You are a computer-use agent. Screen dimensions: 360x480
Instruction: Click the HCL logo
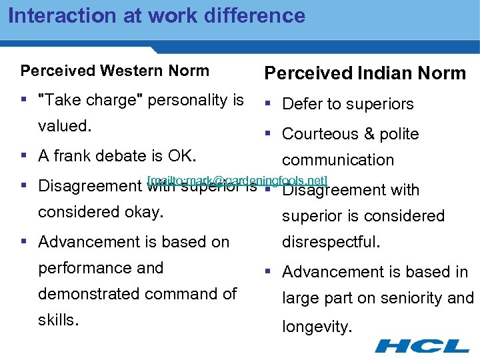[422, 345]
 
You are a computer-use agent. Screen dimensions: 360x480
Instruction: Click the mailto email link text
[238, 180]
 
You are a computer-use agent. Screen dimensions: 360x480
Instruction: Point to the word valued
[64, 126]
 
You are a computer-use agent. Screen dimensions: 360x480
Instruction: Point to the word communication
[338, 160]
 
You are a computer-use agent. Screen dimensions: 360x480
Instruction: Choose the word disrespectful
[331, 242]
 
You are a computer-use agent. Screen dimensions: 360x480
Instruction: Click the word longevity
[316, 327]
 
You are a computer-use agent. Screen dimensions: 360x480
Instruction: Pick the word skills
[58, 320]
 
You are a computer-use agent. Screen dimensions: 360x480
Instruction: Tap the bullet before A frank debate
[25, 156]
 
